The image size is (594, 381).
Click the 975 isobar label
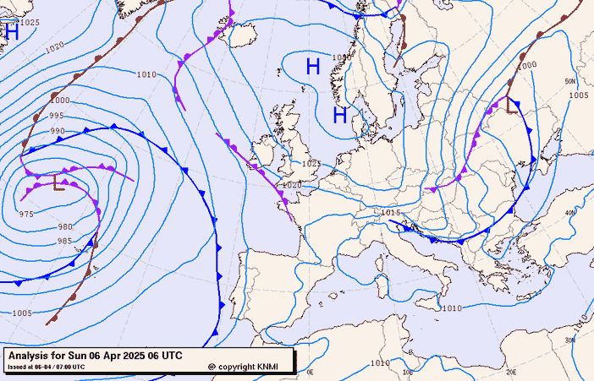tap(26, 215)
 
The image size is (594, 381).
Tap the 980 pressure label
tap(65, 227)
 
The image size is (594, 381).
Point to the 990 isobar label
tap(58, 131)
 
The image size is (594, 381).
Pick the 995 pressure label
tap(57, 116)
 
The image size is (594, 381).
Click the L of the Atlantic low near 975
tap(58, 182)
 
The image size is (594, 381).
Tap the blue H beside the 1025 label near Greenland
tap(12, 32)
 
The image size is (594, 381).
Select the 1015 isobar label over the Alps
tap(390, 213)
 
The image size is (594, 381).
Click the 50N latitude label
tap(570, 81)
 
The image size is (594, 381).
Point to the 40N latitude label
tap(569, 213)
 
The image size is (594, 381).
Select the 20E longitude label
tap(511, 372)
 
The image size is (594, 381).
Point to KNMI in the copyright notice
tap(267, 367)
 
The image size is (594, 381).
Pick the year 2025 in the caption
tap(139, 356)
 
